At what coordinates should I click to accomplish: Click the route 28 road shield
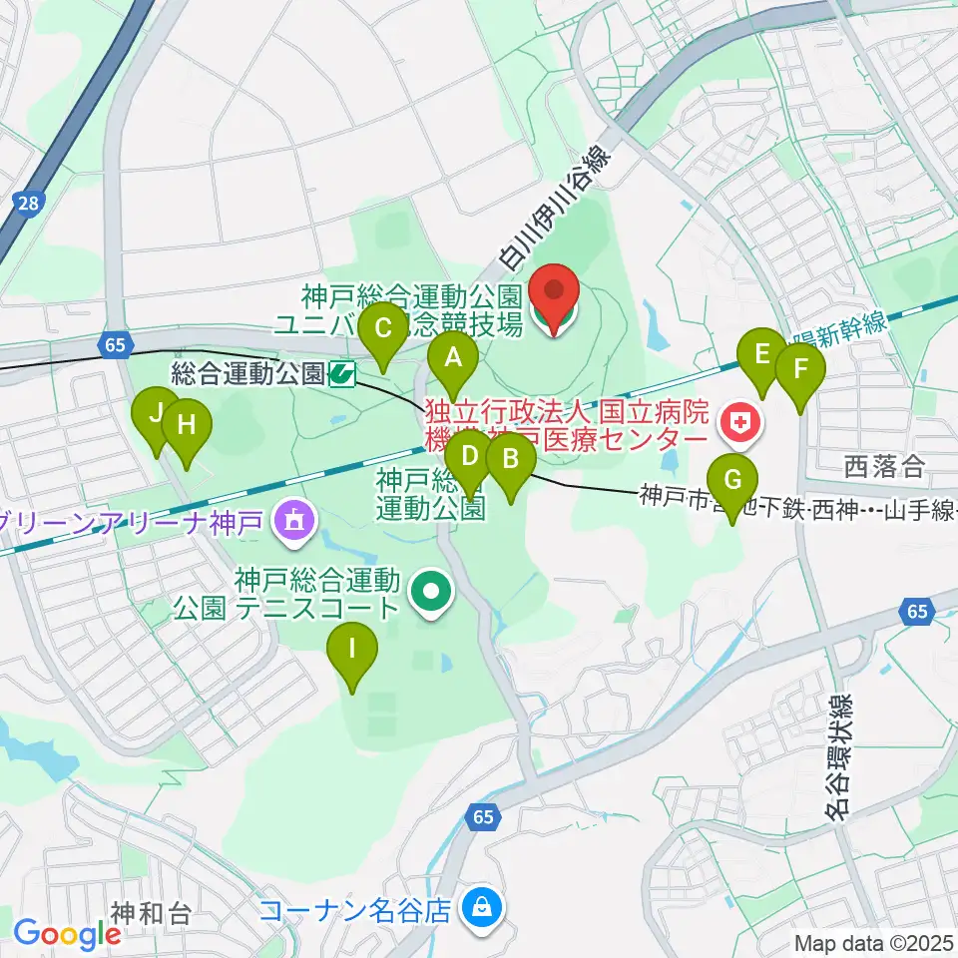point(28,203)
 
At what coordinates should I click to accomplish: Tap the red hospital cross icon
point(739,425)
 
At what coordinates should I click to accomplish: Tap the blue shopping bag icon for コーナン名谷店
point(483,909)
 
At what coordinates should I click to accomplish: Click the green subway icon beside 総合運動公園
point(342,374)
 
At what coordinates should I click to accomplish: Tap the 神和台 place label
point(150,911)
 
